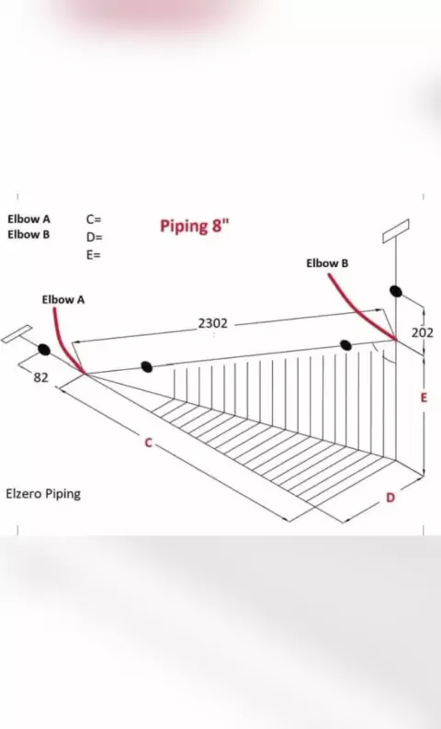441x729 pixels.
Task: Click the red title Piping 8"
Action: click(195, 226)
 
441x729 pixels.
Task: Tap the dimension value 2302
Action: click(213, 323)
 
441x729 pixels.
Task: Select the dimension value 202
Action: click(423, 333)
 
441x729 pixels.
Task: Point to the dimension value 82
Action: click(41, 378)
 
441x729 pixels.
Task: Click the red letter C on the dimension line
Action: click(149, 443)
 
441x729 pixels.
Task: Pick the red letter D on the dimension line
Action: click(390, 498)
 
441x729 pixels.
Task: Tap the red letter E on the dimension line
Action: click(424, 398)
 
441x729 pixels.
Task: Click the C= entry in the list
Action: click(94, 219)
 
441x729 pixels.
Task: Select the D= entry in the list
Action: click(94, 237)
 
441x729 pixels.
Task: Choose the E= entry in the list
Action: click(93, 254)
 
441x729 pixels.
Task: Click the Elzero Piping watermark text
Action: click(43, 494)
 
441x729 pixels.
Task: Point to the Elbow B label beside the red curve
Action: click(327, 264)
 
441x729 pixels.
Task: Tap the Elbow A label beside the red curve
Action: click(63, 300)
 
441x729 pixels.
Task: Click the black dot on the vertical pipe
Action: click(395, 291)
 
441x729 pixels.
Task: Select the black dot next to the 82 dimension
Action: click(44, 350)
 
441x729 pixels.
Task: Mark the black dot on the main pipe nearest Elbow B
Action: click(345, 345)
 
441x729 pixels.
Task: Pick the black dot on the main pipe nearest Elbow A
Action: click(146, 367)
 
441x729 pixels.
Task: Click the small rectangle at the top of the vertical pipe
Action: click(396, 231)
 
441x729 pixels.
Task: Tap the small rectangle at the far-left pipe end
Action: click(17, 334)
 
